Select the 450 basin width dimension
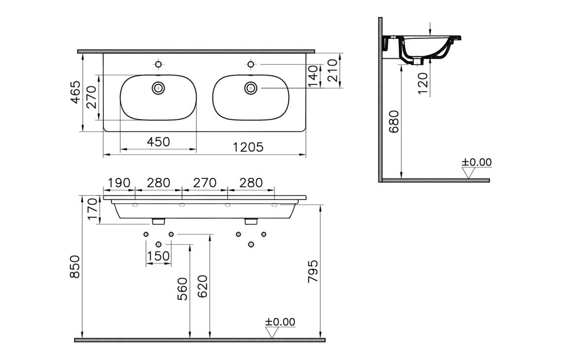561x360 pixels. (x=159, y=142)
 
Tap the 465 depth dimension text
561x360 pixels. (x=74, y=92)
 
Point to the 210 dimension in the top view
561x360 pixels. (x=332, y=70)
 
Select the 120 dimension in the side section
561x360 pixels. (x=422, y=83)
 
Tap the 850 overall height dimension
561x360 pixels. (x=74, y=267)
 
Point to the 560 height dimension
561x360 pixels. (x=182, y=289)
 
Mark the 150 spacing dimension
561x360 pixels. (x=159, y=256)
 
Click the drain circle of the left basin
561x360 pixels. (x=158, y=88)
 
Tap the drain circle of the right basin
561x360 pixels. (x=250, y=88)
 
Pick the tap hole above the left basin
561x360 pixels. (x=158, y=64)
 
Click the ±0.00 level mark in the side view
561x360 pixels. (x=476, y=163)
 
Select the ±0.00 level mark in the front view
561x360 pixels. (x=280, y=322)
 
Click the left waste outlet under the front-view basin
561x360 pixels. (x=158, y=222)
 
